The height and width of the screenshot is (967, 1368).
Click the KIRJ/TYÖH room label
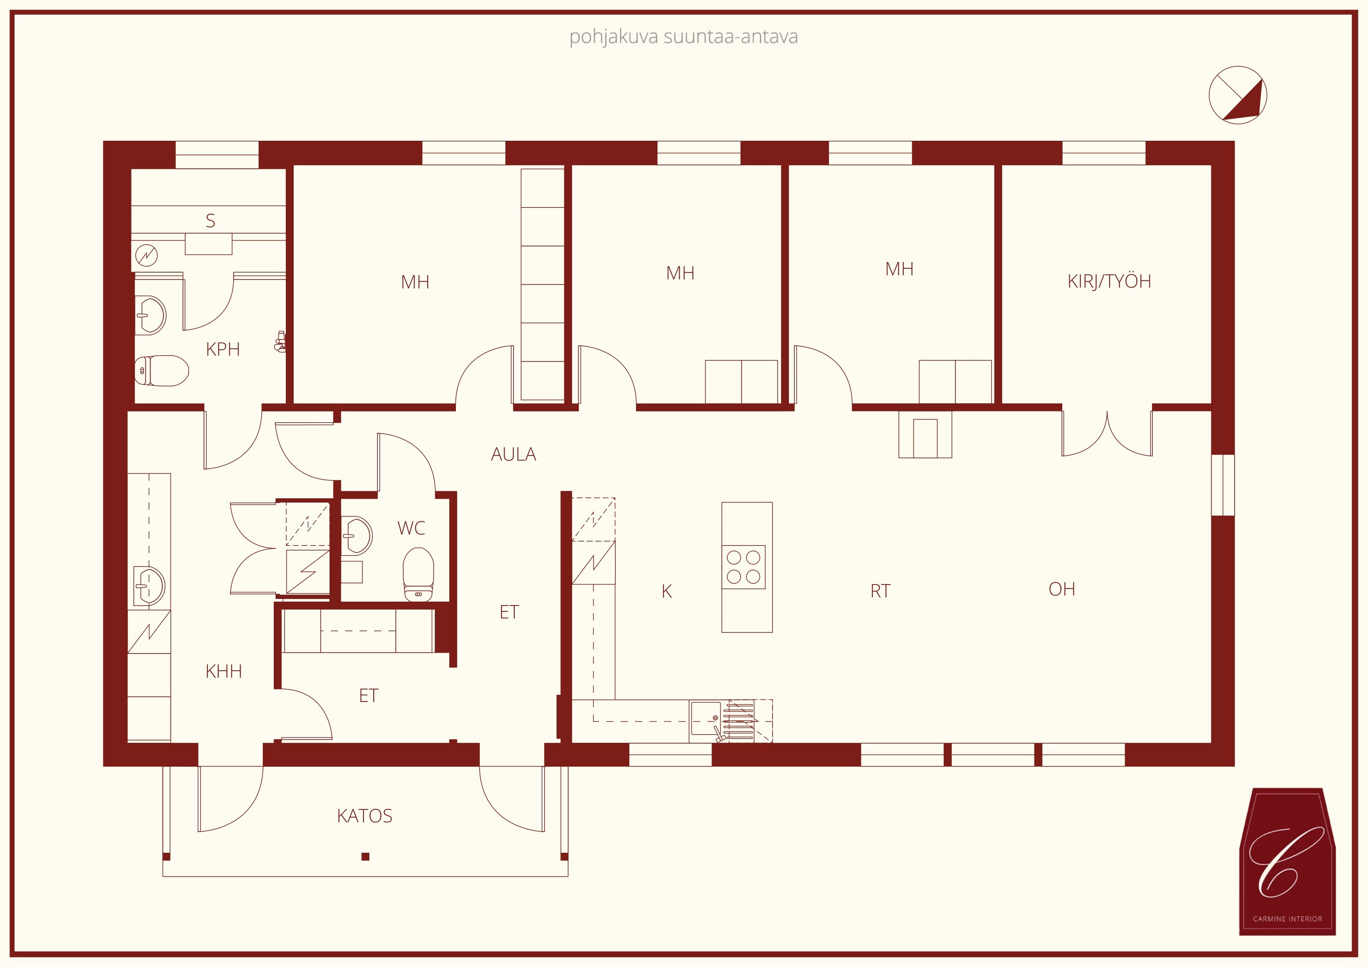tap(1109, 281)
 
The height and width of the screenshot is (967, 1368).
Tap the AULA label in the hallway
tap(513, 455)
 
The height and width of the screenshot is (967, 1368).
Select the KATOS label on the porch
tap(365, 816)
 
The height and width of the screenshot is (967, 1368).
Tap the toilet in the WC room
tap(418, 575)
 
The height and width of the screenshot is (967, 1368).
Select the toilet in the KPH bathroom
tap(161, 370)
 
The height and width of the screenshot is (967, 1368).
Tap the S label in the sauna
tap(210, 221)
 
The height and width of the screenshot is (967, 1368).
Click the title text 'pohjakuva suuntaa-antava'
tap(683, 37)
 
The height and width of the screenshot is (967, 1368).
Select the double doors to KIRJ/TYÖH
tap(1107, 433)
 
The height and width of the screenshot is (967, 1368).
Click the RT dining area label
tap(880, 591)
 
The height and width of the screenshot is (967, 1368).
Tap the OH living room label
tap(1062, 589)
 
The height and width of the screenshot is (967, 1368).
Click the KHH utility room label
tap(223, 671)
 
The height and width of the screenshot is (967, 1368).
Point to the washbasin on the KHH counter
tap(149, 585)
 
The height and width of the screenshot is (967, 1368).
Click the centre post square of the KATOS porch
tap(365, 857)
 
